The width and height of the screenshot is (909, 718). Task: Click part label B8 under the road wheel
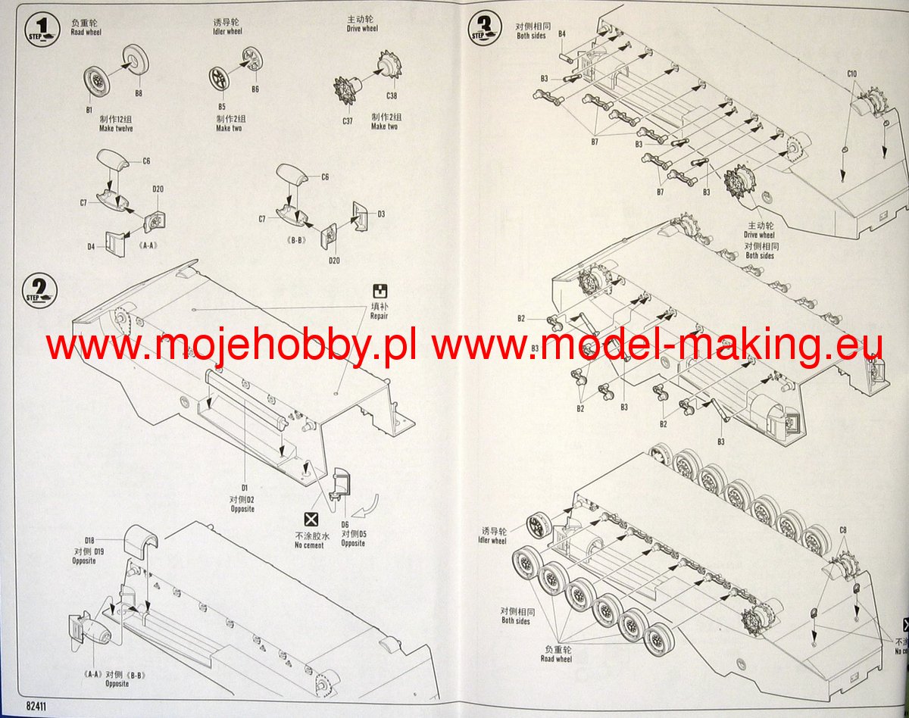coord(138,93)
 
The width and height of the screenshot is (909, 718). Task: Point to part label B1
coord(89,111)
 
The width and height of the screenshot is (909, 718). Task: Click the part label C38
coord(391,95)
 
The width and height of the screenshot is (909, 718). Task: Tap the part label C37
coord(347,121)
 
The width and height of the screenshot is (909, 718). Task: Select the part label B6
coord(255,89)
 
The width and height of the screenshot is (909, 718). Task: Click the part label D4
coord(91,246)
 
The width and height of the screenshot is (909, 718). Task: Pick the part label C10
coord(851,73)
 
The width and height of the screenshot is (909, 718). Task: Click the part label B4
coord(562,34)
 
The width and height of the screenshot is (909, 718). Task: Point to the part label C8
coord(843,529)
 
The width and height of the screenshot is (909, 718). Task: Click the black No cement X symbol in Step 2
coord(310,519)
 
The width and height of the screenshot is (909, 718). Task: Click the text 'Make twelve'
coord(116,129)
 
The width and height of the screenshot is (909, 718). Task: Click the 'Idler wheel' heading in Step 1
coord(227,32)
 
